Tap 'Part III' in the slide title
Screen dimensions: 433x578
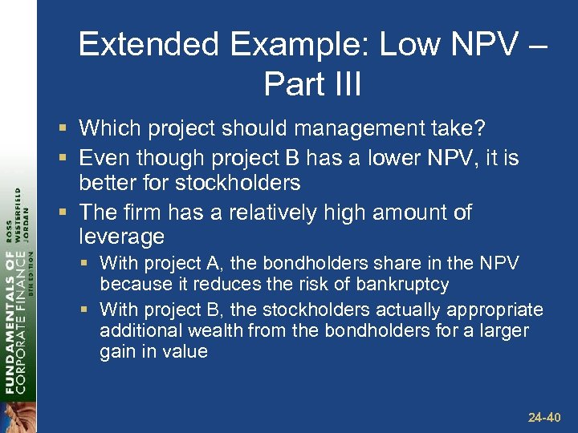click(x=312, y=84)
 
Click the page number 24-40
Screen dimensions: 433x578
click(x=546, y=418)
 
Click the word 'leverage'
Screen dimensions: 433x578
click(x=121, y=237)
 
